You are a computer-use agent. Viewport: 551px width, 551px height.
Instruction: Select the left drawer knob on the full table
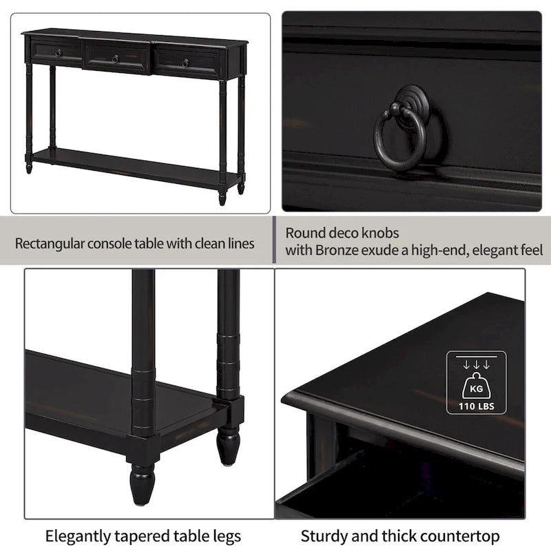pyautogui.click(x=59, y=52)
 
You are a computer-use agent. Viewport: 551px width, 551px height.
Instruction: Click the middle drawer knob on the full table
pyautogui.click(x=115, y=58)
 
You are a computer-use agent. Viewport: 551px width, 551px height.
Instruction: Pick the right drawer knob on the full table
pyautogui.click(x=185, y=63)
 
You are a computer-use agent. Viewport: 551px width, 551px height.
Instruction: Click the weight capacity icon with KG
pyautogui.click(x=476, y=382)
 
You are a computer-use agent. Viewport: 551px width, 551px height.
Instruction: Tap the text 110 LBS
pyautogui.click(x=476, y=406)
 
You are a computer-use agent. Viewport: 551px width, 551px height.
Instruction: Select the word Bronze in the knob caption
pyautogui.click(x=337, y=250)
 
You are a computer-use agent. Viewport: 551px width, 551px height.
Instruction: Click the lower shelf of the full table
pyautogui.click(x=131, y=164)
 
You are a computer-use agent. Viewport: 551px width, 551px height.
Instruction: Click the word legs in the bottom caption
pyautogui.click(x=225, y=536)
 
